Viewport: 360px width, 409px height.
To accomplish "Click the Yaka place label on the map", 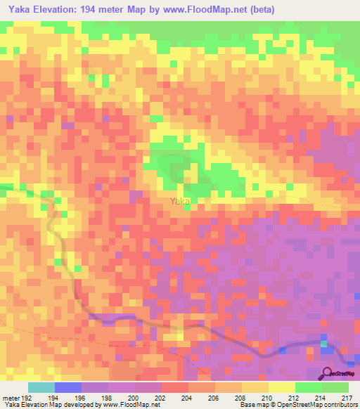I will click(180, 201).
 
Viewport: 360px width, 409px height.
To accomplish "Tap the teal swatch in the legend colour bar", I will click(41, 388).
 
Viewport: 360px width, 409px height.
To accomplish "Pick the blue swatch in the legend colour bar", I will click(68, 388).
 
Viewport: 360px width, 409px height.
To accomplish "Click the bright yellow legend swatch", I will click(282, 388).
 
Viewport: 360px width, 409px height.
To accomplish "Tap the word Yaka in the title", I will click(18, 10).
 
